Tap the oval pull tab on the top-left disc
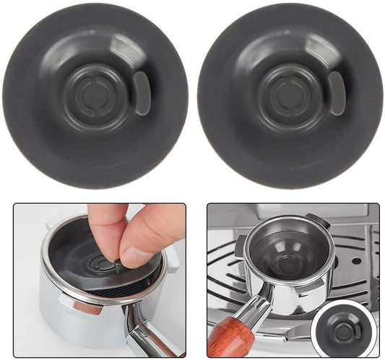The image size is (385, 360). pos(139,92)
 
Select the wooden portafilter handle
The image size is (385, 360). pos(230,339)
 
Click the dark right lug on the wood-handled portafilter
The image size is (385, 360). pos(316,220)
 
